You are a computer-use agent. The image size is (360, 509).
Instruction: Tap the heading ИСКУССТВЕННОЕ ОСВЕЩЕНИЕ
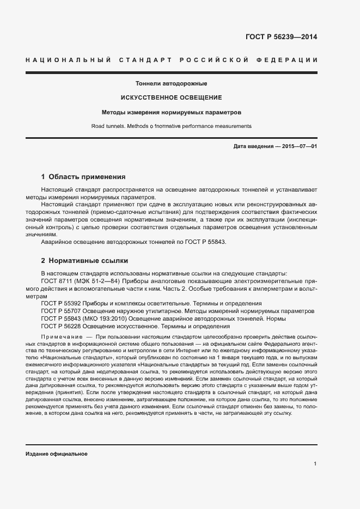[171, 98]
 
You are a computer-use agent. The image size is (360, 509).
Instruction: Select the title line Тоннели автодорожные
[171, 83]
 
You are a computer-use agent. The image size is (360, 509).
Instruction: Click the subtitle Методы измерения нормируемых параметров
[171, 113]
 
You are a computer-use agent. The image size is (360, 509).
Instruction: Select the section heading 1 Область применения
[83, 177]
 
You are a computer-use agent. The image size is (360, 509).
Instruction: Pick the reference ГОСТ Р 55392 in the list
[61, 303]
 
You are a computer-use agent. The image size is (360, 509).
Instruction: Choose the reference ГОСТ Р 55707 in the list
[61, 311]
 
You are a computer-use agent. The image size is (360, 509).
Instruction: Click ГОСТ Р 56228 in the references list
[61, 326]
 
